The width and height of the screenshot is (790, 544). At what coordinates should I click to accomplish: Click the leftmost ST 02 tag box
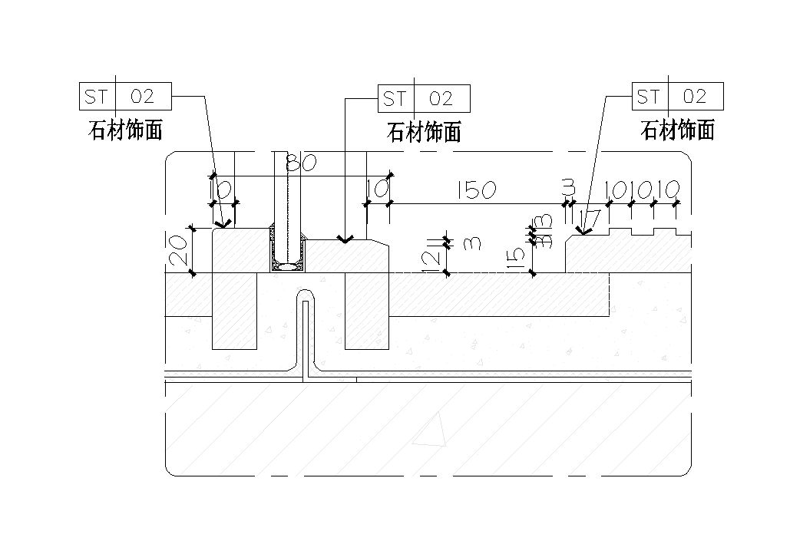tap(125, 97)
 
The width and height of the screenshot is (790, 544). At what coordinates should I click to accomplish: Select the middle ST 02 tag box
tap(424, 98)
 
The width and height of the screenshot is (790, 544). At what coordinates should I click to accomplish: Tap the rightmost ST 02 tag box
tap(677, 97)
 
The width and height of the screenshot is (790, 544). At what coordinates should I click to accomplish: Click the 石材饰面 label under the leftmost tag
tap(126, 130)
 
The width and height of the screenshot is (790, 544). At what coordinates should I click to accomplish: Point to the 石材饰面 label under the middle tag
tap(424, 132)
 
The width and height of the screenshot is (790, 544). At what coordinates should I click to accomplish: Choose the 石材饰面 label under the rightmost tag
tap(677, 130)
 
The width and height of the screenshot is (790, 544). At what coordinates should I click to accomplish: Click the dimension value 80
tap(302, 163)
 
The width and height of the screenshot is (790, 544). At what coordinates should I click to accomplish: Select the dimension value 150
tap(475, 190)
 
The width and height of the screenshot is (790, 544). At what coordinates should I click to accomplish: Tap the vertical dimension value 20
tap(177, 250)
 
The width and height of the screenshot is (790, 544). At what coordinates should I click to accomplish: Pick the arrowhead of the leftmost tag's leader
tap(223, 225)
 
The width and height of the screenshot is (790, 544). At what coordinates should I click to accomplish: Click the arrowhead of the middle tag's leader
tap(345, 239)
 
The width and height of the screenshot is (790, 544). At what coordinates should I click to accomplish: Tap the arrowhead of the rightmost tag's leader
tap(583, 231)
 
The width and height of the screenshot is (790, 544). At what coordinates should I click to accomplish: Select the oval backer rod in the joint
tap(289, 266)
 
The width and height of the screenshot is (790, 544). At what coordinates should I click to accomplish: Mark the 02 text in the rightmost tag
tap(694, 97)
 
